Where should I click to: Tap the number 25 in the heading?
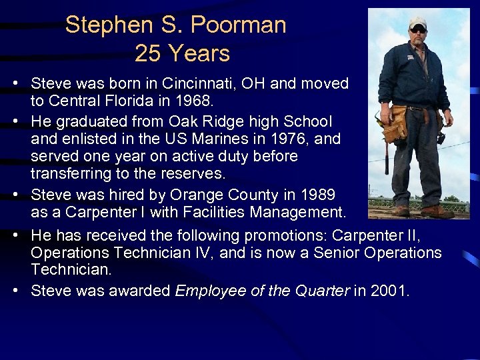(145, 53)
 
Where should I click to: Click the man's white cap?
(418, 22)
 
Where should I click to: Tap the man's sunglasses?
(417, 30)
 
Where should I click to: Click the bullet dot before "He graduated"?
(15, 122)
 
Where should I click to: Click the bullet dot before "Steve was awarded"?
(15, 291)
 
